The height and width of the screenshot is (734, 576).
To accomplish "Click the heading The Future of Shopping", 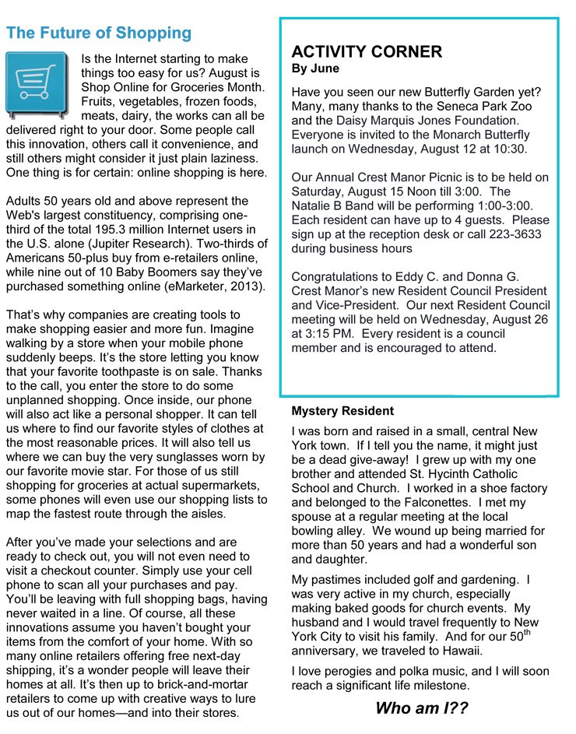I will [x=98, y=33].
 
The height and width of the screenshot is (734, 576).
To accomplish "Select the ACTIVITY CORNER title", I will [x=367, y=52].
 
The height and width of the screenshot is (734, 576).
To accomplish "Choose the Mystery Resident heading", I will [x=342, y=411].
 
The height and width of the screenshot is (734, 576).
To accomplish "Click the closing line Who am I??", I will [x=422, y=708].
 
